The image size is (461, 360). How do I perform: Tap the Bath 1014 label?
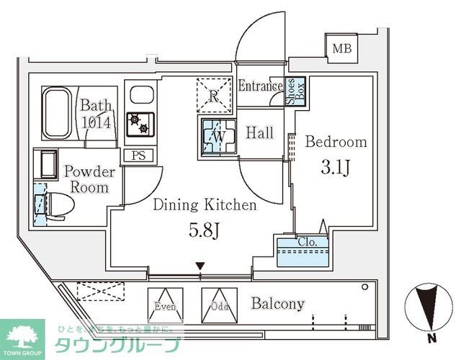pos(95,114)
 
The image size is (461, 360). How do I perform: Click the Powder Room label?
pos(90,179)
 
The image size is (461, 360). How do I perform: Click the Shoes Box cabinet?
pos(295,92)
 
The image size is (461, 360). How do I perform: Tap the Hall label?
pos(259,133)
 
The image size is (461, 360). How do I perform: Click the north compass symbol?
pos(429,305)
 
